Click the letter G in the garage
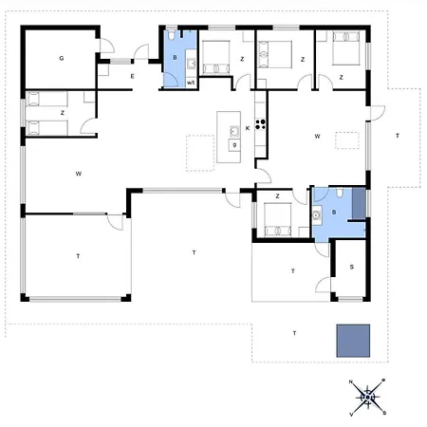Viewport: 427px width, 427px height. pos(61,58)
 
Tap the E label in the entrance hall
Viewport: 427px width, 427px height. pos(132,75)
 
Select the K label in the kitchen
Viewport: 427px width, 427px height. pos(248,127)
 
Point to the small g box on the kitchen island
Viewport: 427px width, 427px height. pos(232,145)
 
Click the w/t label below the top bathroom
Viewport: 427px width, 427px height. pos(190,84)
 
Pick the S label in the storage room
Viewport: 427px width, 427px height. pos(352,268)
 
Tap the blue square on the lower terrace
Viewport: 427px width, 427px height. pos(352,341)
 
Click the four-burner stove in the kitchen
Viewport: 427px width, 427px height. pos(259,124)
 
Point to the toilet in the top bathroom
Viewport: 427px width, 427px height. pos(172,40)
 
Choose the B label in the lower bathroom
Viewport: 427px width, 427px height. pos(334,212)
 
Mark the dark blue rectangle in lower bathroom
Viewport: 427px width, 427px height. pos(358,203)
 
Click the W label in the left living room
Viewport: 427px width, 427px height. pos(79,174)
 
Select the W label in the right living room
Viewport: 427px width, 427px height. pos(317,138)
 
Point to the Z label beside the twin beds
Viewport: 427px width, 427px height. pos(62,113)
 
